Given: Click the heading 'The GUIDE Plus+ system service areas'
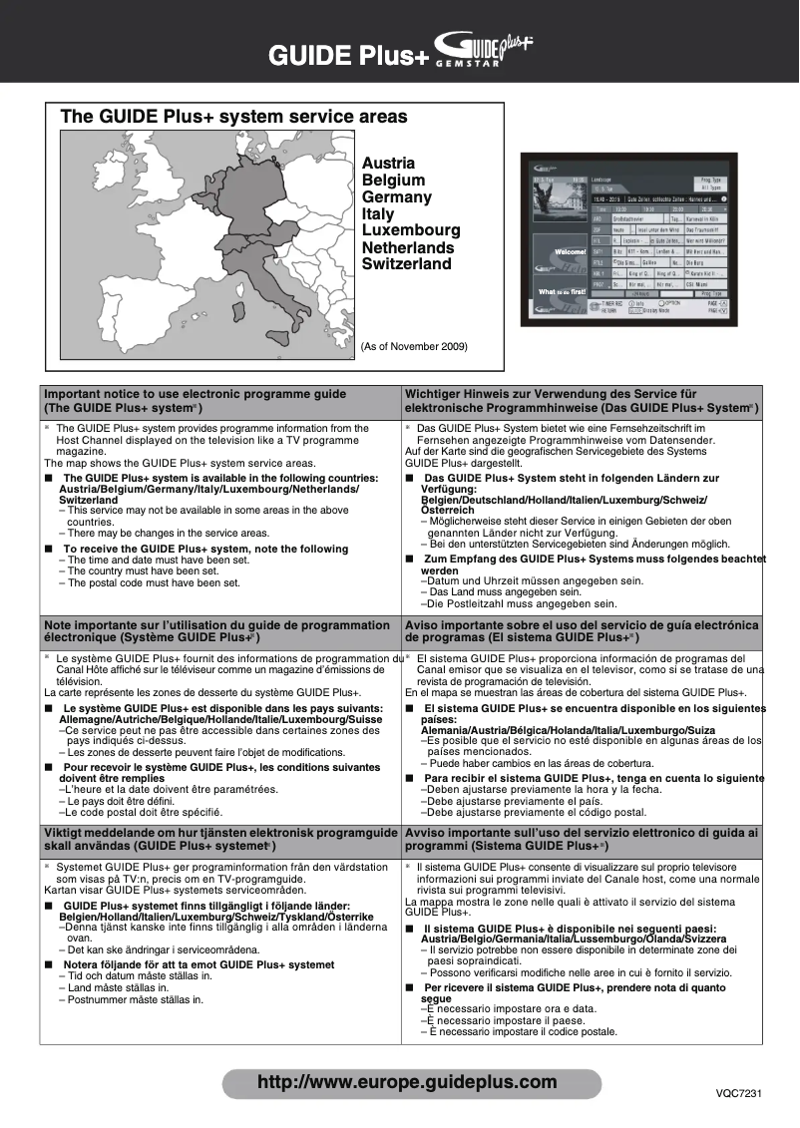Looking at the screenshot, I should tap(233, 117).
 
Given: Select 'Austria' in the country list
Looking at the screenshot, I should tap(388, 163).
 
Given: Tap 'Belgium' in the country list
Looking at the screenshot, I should tap(393, 180).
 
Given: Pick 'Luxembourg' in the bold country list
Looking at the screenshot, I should tap(411, 230).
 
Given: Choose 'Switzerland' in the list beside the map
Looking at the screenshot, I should tap(406, 264).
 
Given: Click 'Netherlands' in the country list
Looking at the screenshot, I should tap(407, 247).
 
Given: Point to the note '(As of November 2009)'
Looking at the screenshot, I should tap(414, 346).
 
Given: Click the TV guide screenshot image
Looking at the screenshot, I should tap(628, 238).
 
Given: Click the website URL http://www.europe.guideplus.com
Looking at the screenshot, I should tap(407, 1082).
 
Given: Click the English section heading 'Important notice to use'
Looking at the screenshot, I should tap(196, 394).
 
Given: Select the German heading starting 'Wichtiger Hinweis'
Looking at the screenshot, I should tap(550, 394).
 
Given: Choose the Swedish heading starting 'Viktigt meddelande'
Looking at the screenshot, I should tap(219, 832).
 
